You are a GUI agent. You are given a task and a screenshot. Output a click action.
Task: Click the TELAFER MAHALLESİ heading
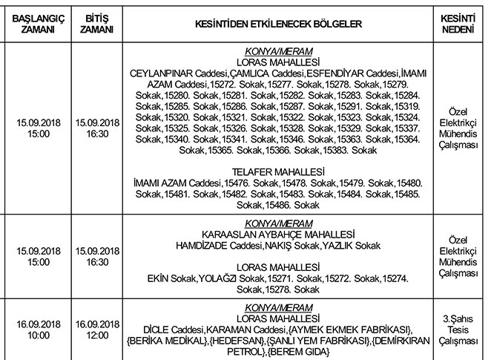point(274,171)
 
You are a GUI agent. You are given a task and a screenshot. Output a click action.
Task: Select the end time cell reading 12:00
point(98,336)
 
